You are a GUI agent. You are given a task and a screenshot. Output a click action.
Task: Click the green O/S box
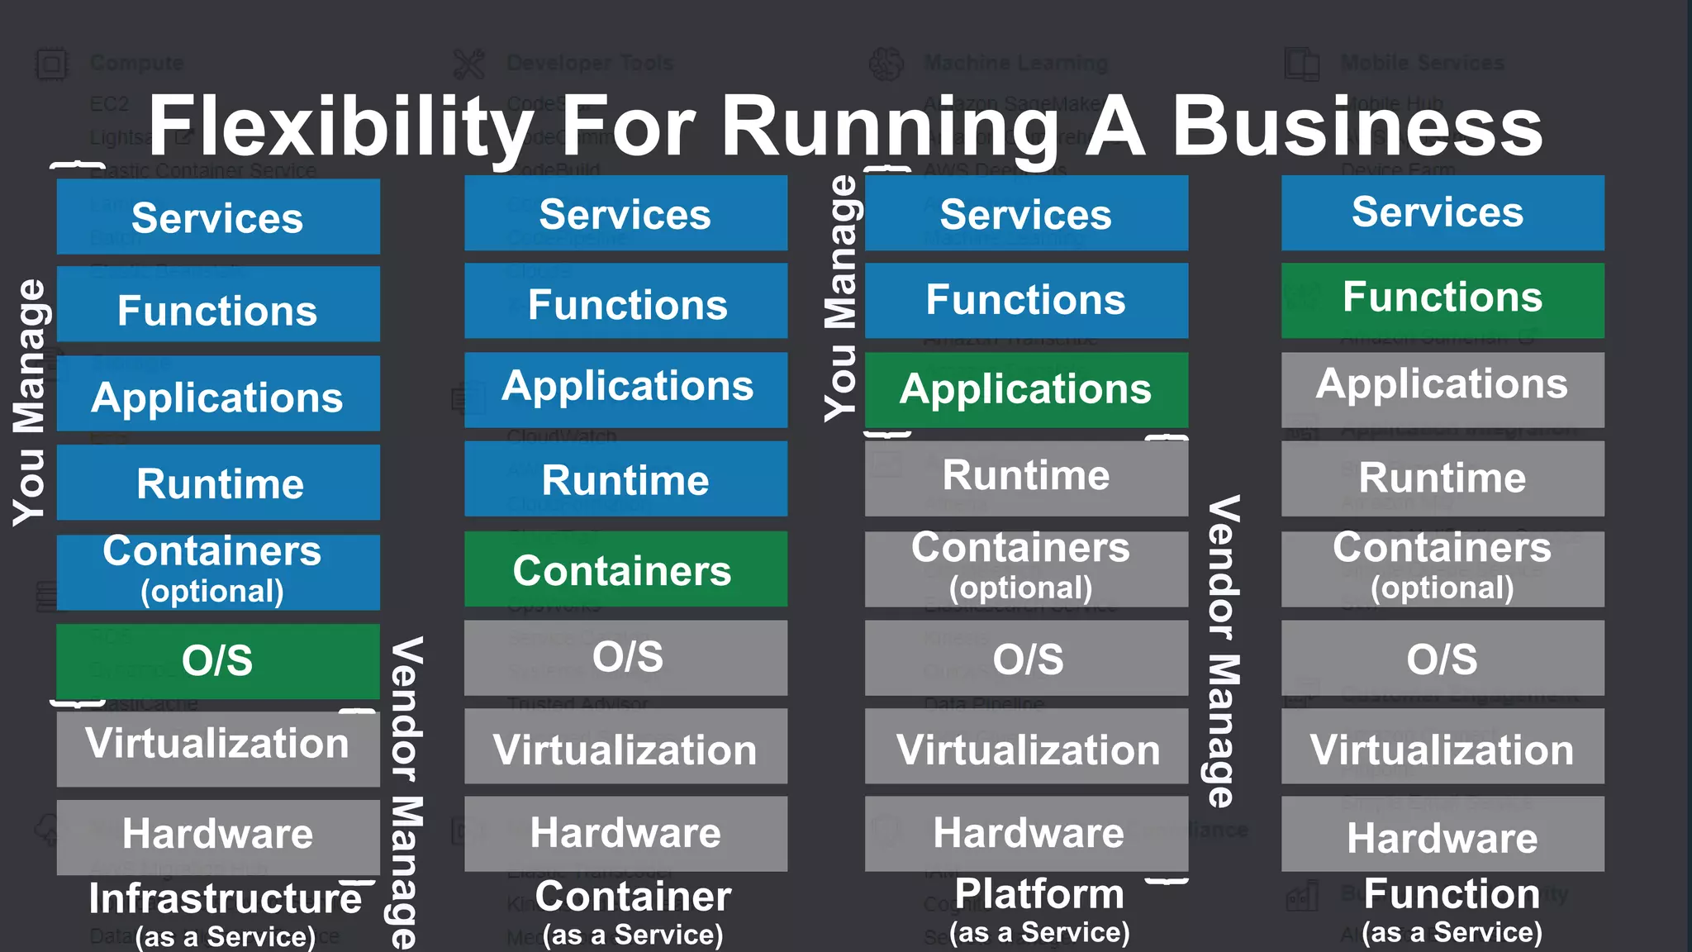pyautogui.click(x=218, y=661)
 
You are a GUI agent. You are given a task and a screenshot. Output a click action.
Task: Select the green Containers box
pyautogui.click(x=625, y=569)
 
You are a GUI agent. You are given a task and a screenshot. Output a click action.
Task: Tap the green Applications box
pyautogui.click(x=1026, y=389)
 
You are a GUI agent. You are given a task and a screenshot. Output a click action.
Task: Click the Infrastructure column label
pyautogui.click(x=225, y=899)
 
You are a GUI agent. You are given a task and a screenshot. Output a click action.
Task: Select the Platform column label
pyautogui.click(x=1039, y=894)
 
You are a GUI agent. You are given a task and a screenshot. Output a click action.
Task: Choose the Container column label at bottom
pyautogui.click(x=633, y=897)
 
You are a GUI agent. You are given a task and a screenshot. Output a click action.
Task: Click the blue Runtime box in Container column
pyautogui.click(x=625, y=479)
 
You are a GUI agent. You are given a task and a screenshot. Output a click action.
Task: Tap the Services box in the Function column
pyautogui.click(x=1442, y=212)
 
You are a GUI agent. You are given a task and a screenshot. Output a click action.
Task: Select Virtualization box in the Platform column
pyautogui.click(x=1026, y=748)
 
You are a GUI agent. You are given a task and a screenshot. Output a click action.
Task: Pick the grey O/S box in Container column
pyautogui.click(x=625, y=658)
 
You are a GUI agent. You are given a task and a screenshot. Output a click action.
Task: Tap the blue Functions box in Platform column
pyautogui.click(x=1026, y=300)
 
